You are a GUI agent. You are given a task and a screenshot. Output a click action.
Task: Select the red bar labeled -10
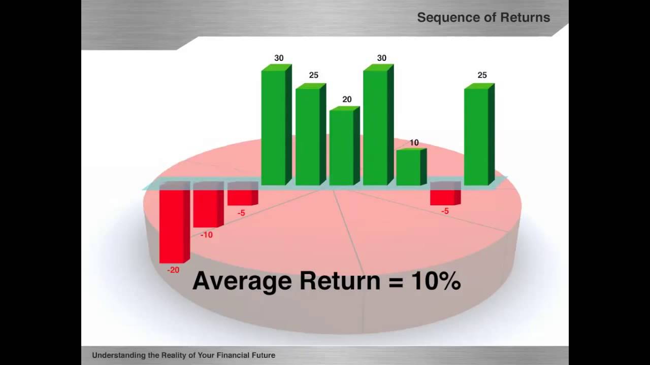206,205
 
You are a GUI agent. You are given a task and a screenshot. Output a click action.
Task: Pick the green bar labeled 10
409,167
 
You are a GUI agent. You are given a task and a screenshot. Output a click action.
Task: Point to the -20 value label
173,270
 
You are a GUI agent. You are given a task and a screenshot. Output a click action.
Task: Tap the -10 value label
206,235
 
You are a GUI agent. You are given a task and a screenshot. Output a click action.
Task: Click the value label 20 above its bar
347,99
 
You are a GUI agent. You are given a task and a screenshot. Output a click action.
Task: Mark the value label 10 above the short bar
414,143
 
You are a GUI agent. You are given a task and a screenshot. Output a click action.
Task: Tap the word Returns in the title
525,17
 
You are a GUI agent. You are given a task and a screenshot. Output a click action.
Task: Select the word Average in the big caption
242,280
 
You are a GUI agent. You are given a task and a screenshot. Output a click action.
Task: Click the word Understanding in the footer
118,355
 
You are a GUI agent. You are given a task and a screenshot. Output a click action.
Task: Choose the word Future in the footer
263,355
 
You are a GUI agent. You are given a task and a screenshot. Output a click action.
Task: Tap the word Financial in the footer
232,355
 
